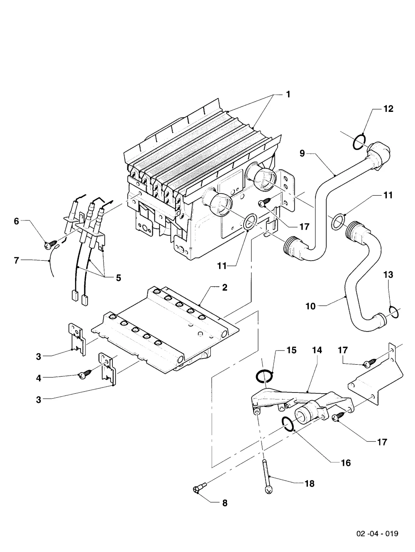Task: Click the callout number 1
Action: [288, 94]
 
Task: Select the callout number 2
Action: [225, 287]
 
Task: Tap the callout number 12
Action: [388, 109]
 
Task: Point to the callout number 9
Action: [302, 153]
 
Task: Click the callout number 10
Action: [310, 306]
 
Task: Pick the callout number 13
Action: [388, 275]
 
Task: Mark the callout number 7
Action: [16, 260]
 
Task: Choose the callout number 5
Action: [118, 278]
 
